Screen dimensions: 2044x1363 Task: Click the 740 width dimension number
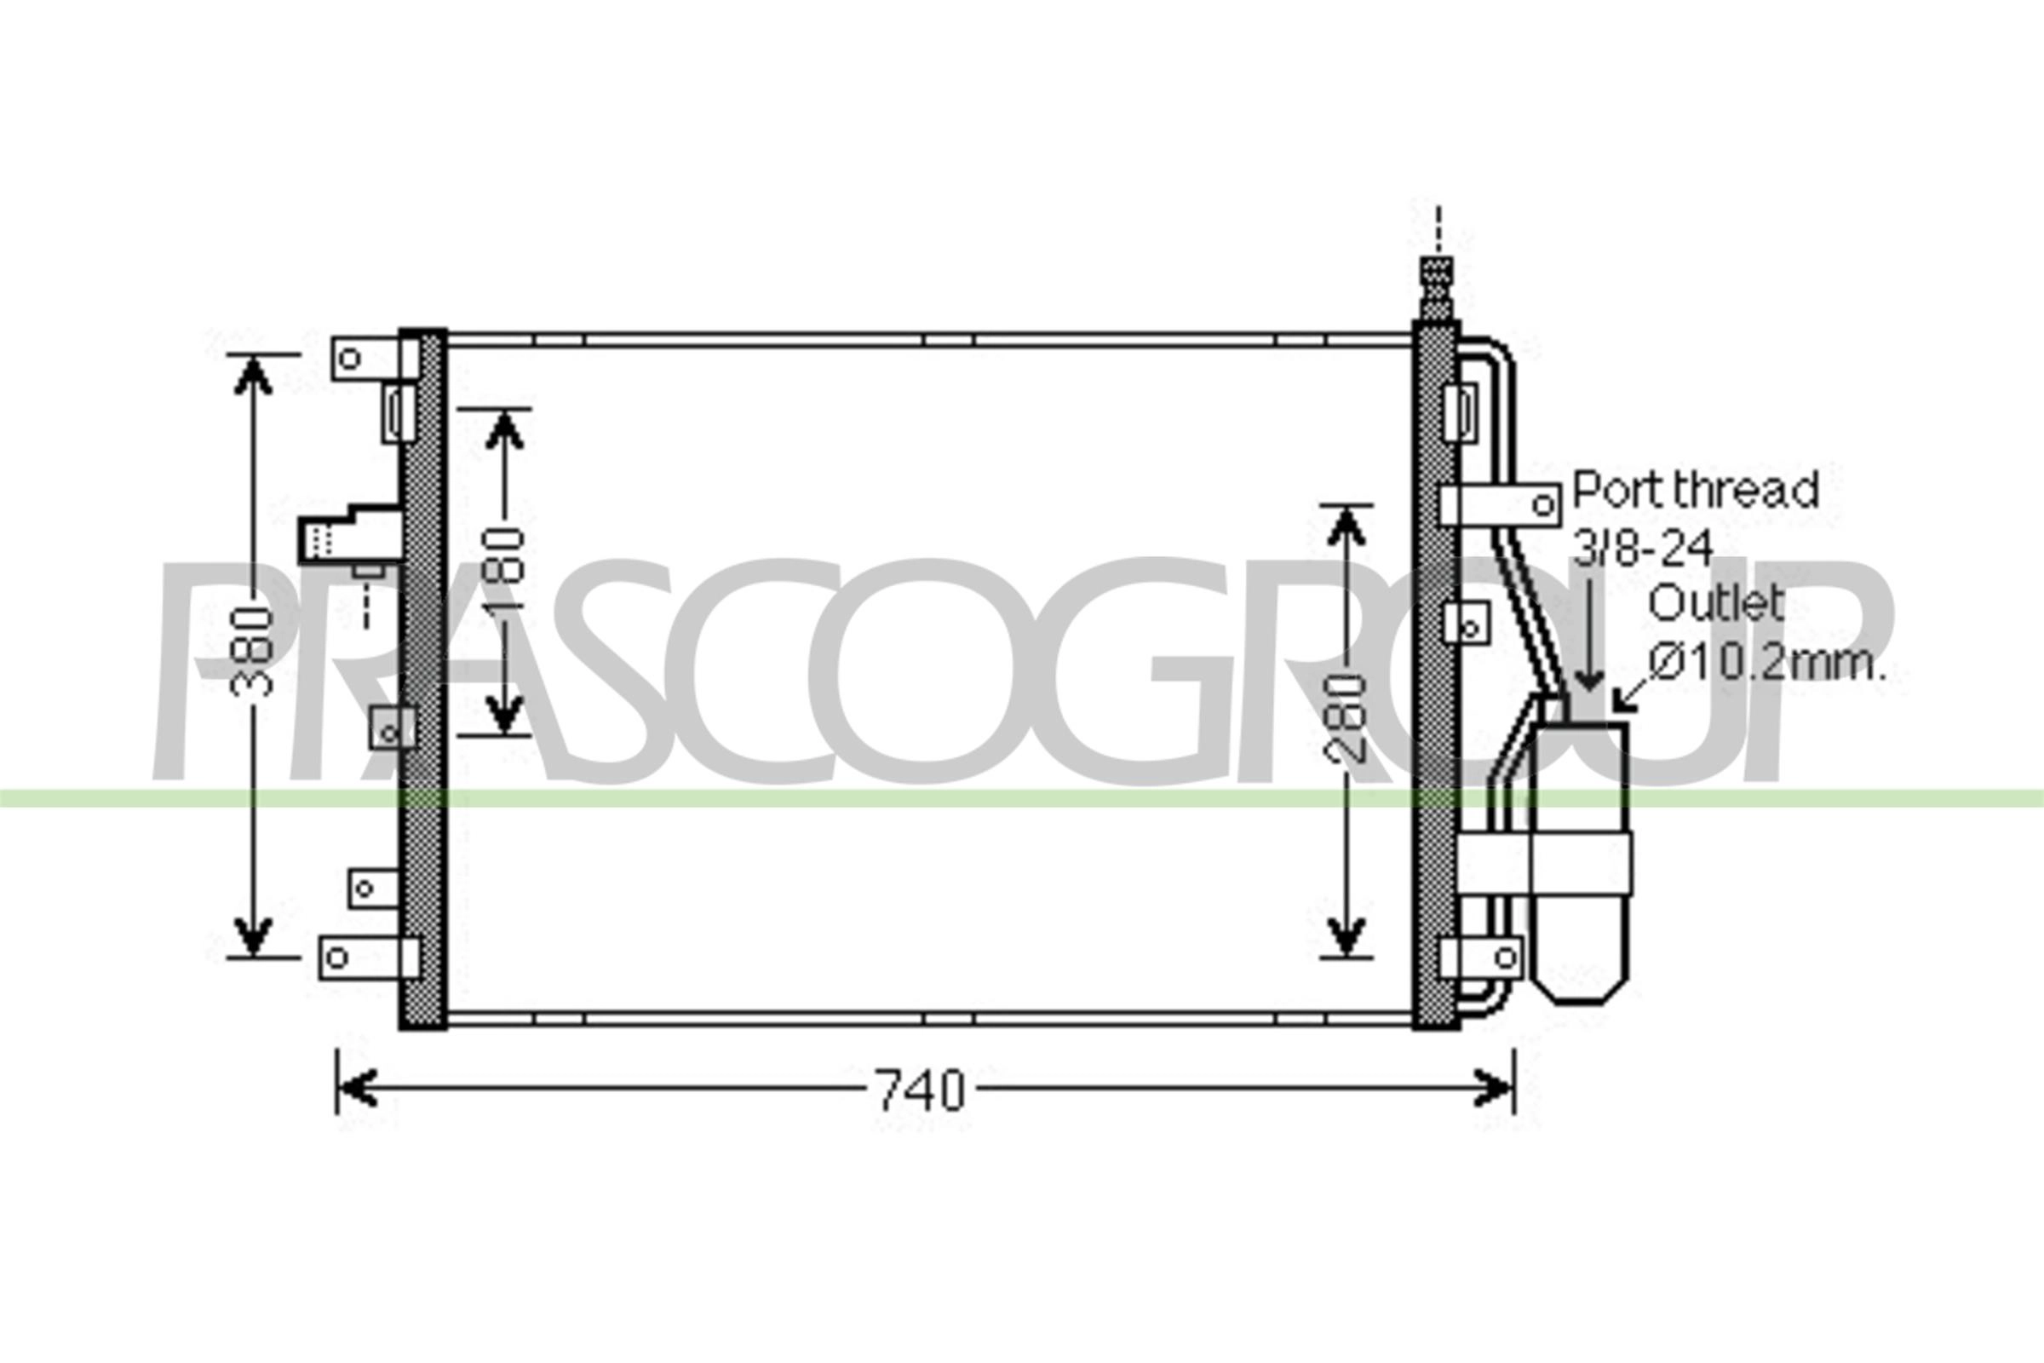pos(921,1090)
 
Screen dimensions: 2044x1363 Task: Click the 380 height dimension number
pos(252,652)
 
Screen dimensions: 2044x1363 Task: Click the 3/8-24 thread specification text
pos(1643,548)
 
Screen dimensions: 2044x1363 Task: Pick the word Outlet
pos(1715,603)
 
